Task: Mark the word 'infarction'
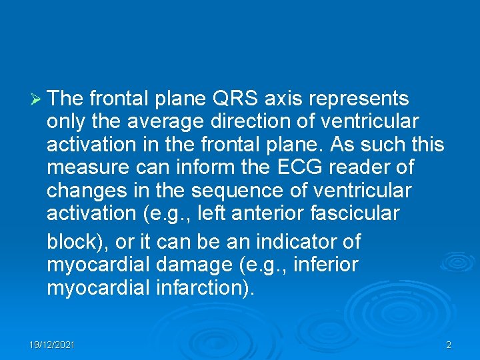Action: pyautogui.click(x=214, y=289)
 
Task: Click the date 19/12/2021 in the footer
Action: pyautogui.click(x=52, y=345)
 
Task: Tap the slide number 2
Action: pyautogui.click(x=448, y=345)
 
